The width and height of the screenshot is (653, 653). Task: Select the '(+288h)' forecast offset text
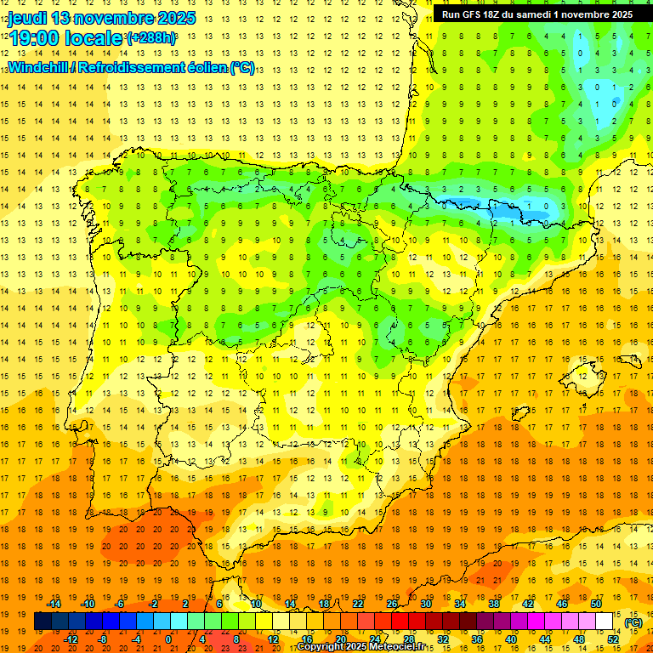click(x=151, y=38)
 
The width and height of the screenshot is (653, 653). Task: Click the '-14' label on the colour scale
click(x=54, y=604)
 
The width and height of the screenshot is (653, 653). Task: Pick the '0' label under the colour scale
click(x=168, y=639)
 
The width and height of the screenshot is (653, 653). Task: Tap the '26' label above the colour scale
click(x=392, y=604)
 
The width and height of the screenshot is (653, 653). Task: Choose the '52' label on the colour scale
click(x=612, y=639)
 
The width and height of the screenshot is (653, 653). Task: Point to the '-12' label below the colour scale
click(x=71, y=639)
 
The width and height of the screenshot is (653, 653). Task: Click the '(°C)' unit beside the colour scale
click(x=633, y=622)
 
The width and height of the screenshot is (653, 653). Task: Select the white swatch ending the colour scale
click(x=604, y=622)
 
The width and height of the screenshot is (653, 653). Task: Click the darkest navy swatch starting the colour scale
click(x=43, y=622)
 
